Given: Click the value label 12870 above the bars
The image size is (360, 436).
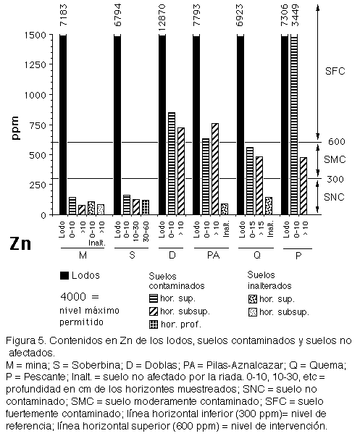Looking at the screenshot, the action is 162,17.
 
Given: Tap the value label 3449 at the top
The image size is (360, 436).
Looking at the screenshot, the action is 295,15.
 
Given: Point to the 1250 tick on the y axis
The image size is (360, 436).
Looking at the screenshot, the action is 38,64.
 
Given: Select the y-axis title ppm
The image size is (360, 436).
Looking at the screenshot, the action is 15,128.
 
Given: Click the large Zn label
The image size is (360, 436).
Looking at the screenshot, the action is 20,243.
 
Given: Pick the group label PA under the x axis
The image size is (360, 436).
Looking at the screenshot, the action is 213,255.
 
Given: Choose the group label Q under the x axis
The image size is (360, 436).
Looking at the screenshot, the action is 257,255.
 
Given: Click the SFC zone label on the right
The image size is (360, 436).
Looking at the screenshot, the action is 335,71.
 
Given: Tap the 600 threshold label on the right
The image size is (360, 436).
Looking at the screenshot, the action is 336,141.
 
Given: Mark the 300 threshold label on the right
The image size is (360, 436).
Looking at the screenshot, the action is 335,179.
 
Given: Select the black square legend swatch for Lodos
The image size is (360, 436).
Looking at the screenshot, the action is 64,275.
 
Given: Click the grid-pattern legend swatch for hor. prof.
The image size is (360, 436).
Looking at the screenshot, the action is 153,324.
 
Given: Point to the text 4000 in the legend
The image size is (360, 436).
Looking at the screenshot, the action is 73,297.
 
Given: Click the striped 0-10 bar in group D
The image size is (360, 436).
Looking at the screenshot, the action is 172,164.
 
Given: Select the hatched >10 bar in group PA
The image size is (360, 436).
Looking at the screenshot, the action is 215,169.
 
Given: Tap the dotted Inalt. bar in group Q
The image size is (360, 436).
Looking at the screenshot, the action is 269,206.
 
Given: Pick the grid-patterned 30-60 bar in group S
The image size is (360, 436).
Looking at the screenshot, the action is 146,207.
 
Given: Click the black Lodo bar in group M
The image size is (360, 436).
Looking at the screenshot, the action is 63,125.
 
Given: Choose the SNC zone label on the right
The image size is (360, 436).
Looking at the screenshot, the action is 334,197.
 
